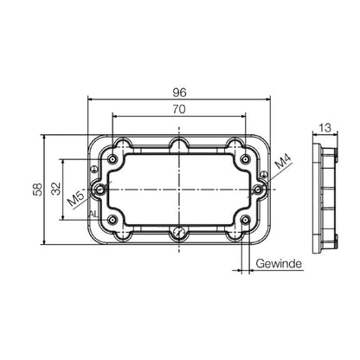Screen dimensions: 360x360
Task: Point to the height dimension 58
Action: click(36, 189)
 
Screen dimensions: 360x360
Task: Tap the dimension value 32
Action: click(55, 189)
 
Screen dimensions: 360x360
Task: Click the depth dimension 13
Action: click(325, 128)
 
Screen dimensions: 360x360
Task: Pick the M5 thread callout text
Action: click(76, 202)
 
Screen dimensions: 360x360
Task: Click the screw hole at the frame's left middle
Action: click(102, 189)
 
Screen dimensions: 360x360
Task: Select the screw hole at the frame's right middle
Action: click(257, 189)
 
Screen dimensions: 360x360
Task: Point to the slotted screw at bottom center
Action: click(179, 231)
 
